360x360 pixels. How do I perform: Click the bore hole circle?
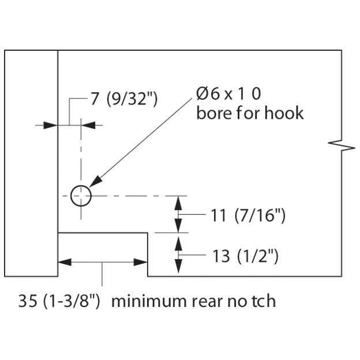pyautogui.click(x=81, y=196)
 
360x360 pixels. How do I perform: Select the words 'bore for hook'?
pyautogui.click(x=249, y=112)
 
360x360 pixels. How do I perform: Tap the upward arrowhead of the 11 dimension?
pyautogui.click(x=179, y=201)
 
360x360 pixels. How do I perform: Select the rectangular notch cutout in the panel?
pyautogui.click(x=103, y=254)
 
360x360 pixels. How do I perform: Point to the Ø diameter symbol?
pyautogui.click(x=202, y=93)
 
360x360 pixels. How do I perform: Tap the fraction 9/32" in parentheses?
pyautogui.click(x=133, y=99)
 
